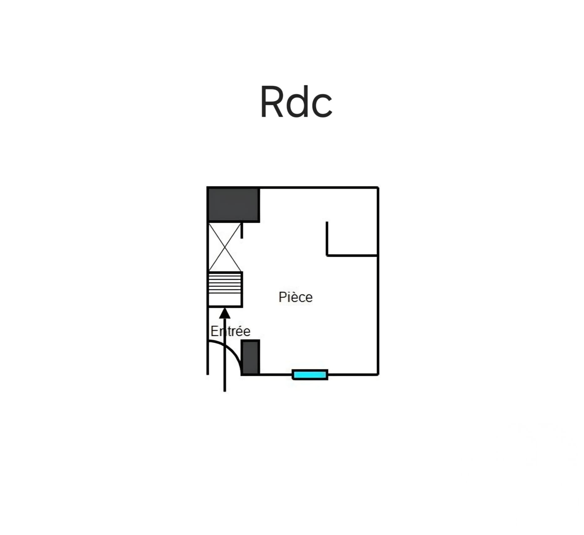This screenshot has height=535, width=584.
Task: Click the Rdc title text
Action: (x=296, y=102)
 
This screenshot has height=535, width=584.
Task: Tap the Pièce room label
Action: (x=295, y=297)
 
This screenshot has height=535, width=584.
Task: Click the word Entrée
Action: (x=230, y=331)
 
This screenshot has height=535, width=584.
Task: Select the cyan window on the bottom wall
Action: (x=310, y=374)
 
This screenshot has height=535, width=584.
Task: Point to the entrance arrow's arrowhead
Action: (x=225, y=313)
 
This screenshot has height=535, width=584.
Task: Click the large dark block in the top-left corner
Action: (x=233, y=204)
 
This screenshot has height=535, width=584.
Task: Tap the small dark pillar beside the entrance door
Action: (x=250, y=357)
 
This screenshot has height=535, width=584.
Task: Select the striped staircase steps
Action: (x=225, y=283)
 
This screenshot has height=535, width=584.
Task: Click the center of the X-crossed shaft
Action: (x=225, y=247)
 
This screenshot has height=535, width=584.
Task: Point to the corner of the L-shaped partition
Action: (x=327, y=256)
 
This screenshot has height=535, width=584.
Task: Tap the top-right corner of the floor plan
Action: (x=378, y=188)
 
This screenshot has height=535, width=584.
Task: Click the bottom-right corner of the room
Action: (x=378, y=374)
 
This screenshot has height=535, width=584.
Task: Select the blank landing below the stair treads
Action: (x=225, y=300)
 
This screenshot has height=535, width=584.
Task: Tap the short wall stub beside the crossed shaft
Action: (x=242, y=231)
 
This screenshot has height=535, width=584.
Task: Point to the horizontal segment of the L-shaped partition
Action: (x=352, y=256)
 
